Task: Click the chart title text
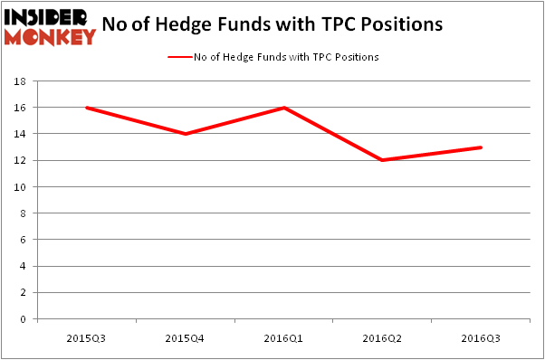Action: (272, 24)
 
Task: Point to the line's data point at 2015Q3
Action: (85, 108)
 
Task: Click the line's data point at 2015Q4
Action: (185, 134)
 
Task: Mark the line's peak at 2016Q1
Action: (284, 108)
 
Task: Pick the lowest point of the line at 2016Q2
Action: (384, 160)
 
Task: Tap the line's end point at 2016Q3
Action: (482, 147)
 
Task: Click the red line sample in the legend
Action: (178, 57)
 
